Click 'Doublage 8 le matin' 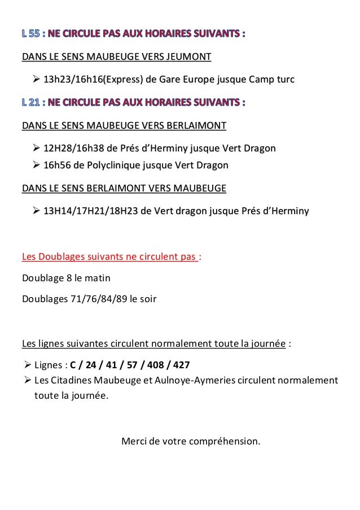pyautogui.click(x=66, y=278)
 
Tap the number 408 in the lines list pyautogui.click(x=155, y=364)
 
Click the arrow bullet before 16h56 pyautogui.click(x=37, y=165)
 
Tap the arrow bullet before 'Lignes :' pyautogui.click(x=27, y=364)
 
